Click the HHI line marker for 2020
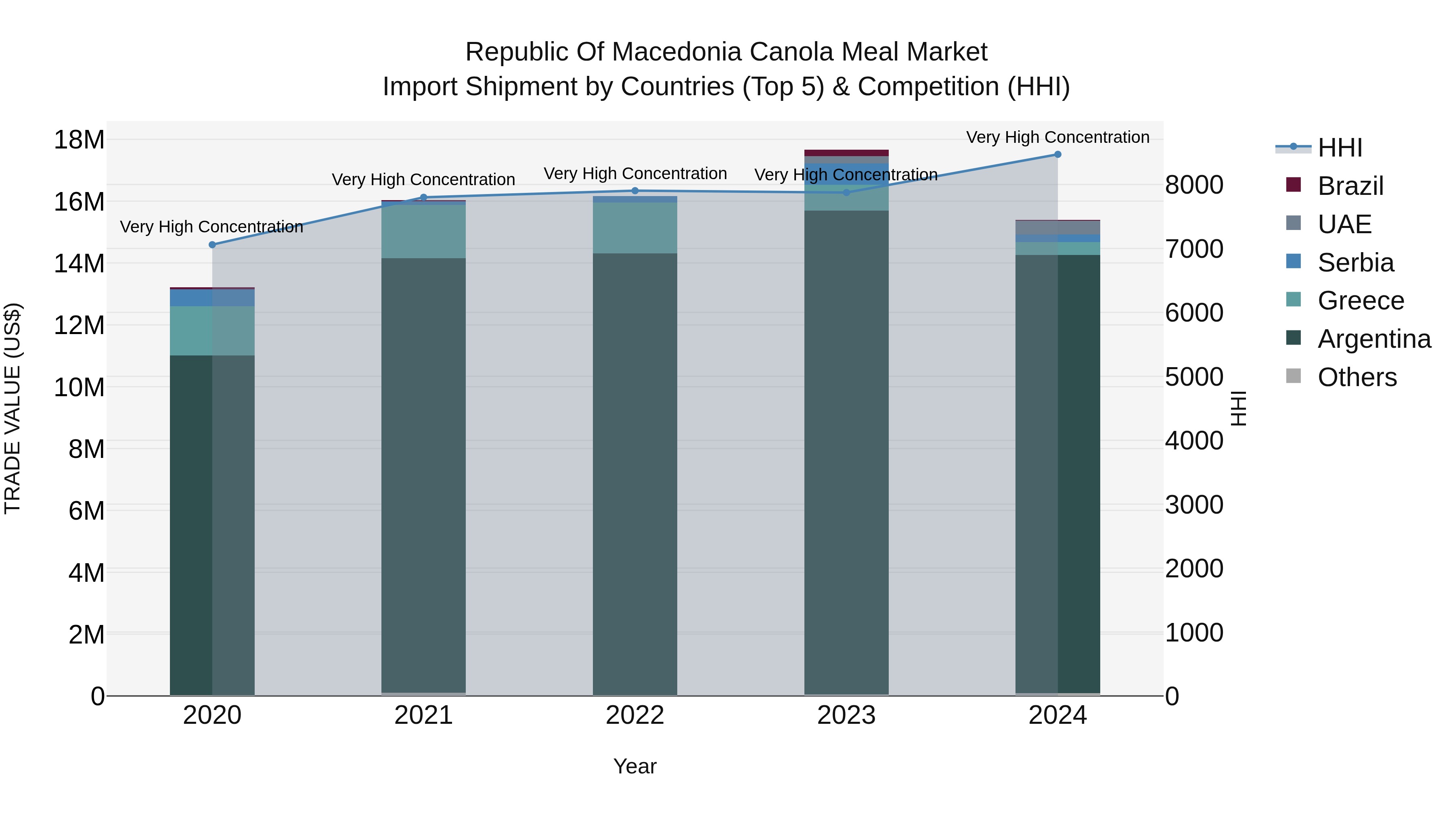click(x=212, y=245)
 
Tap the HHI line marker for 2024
click(x=1057, y=155)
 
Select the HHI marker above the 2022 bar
click(x=635, y=190)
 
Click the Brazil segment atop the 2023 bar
click(x=846, y=153)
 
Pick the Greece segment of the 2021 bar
click(x=424, y=231)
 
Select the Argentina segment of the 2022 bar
click(x=635, y=474)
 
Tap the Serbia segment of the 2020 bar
click(x=212, y=298)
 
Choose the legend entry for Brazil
click(x=1350, y=186)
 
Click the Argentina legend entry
click(x=1373, y=339)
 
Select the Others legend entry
click(x=1357, y=377)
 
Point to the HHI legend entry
click(x=1340, y=148)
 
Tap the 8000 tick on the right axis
click(x=1194, y=185)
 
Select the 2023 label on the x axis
click(x=846, y=715)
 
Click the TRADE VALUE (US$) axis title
click(x=13, y=408)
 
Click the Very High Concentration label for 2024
click(x=1057, y=137)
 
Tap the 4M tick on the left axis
click(x=86, y=573)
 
